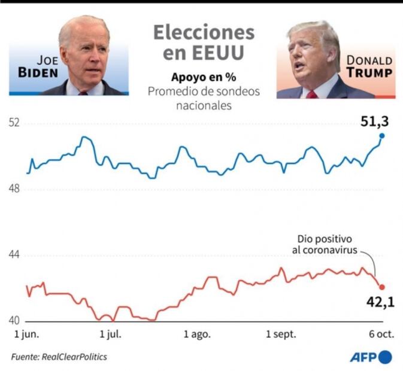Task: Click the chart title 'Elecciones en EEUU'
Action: (x=204, y=42)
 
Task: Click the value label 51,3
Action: (x=374, y=121)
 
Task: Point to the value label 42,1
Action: (x=380, y=302)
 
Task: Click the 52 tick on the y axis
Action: (x=14, y=123)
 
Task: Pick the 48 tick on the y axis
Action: (x=14, y=189)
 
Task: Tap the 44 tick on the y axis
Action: (x=14, y=255)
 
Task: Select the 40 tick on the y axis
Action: (x=14, y=321)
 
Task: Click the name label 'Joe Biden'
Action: (x=40, y=67)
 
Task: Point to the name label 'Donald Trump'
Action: (x=369, y=67)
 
